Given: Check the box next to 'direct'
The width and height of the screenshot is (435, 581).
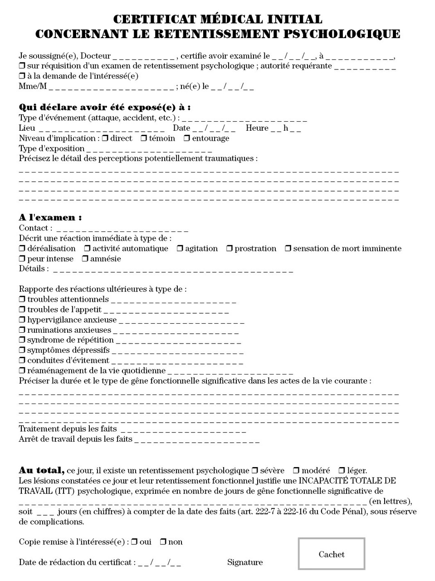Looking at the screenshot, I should point(105,138).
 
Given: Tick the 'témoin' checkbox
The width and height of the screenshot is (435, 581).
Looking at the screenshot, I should point(144,138).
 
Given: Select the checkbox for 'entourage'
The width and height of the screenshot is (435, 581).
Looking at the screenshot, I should point(186,138).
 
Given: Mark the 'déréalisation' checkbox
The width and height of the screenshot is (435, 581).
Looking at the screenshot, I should point(22,249).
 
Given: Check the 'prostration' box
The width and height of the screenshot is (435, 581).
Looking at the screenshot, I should point(230,249).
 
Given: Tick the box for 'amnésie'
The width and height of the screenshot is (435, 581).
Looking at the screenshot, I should point(85,259).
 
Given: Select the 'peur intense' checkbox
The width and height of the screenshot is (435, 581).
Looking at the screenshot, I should point(22,259).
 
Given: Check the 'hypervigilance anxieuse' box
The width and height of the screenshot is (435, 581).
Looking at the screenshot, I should point(22,320).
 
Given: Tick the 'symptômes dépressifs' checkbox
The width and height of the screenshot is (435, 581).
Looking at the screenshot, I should point(22,350).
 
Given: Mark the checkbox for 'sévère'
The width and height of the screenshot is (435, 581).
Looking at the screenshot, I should point(255,471).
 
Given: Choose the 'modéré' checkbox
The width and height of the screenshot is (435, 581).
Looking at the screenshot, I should point(296,471).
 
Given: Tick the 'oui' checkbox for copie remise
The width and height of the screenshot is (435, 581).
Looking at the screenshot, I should point(134,542).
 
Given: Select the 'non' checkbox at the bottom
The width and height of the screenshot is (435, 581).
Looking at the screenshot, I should point(163,542).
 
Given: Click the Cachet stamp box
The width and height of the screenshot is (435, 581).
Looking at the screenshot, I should point(332,554).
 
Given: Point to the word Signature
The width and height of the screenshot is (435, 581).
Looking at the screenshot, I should point(245,562).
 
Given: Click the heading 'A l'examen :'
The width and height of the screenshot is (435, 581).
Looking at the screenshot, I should point(50,217).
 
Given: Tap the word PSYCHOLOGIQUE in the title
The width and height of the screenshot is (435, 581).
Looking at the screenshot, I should point(342,34).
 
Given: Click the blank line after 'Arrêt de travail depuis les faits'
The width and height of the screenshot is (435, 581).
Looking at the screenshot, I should point(197,440).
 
